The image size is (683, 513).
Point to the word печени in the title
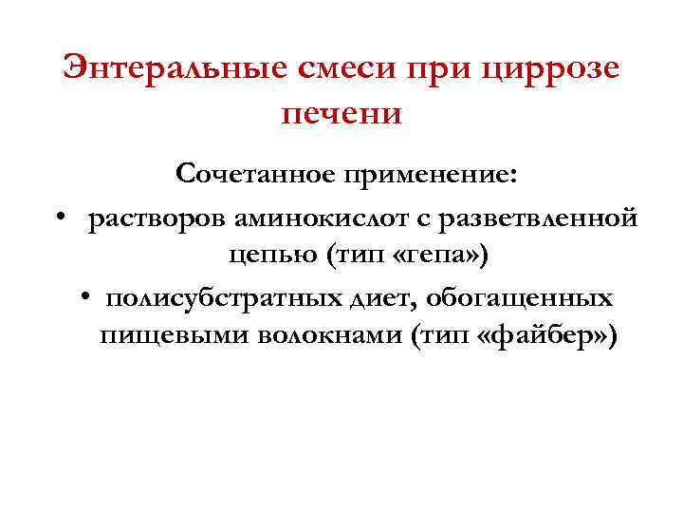342,113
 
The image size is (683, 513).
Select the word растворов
156,219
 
